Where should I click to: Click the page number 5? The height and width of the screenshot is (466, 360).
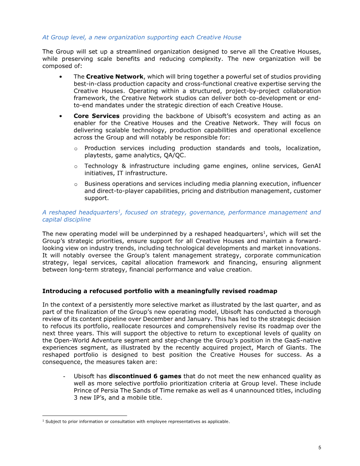click(x=319, y=448)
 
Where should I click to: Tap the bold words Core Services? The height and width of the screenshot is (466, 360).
click(x=96, y=116)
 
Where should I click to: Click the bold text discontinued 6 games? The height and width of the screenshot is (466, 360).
click(x=145, y=376)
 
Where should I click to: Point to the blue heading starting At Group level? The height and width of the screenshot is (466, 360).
click(x=142, y=37)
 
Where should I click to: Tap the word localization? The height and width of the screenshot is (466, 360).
click(x=302, y=148)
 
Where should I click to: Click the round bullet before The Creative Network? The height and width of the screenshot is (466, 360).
click(x=61, y=77)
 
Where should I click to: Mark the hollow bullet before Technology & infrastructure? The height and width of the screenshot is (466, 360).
click(x=76, y=166)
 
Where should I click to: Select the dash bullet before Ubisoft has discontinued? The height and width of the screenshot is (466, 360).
click(x=65, y=376)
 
